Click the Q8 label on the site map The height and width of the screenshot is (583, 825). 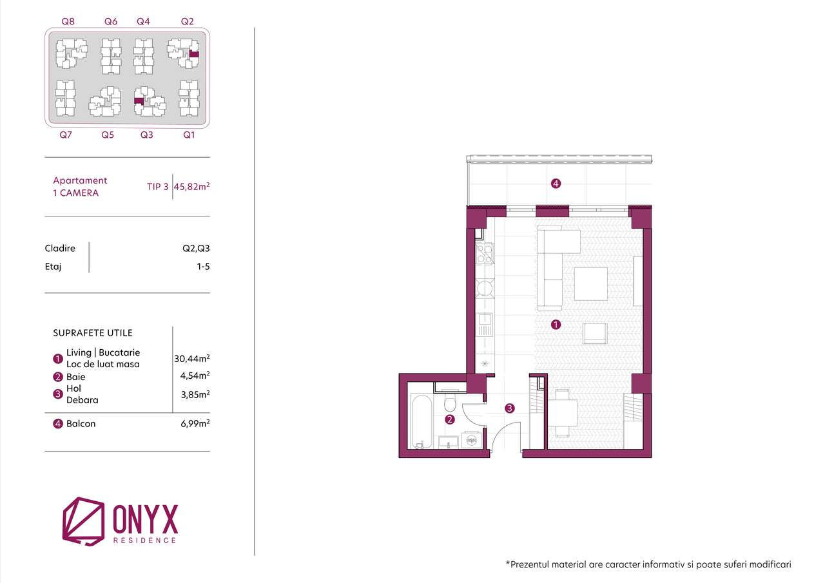click(68, 21)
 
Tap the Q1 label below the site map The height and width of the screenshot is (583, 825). click(189, 135)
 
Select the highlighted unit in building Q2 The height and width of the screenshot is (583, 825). click(194, 55)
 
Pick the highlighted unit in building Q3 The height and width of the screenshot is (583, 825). click(138, 100)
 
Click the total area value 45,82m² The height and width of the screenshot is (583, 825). click(192, 187)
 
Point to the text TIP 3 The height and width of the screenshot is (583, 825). click(158, 187)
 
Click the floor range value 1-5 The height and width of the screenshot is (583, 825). click(204, 265)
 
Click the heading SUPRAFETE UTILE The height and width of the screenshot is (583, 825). click(93, 333)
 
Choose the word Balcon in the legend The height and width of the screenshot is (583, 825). click(81, 424)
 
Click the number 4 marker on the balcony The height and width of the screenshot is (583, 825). click(556, 184)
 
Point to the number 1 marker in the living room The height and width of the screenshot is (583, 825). click(556, 325)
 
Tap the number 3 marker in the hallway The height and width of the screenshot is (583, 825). click(510, 408)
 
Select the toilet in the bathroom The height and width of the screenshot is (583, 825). click(451, 403)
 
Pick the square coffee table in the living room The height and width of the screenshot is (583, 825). click(591, 284)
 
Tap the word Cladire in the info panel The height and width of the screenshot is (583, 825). click(60, 249)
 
